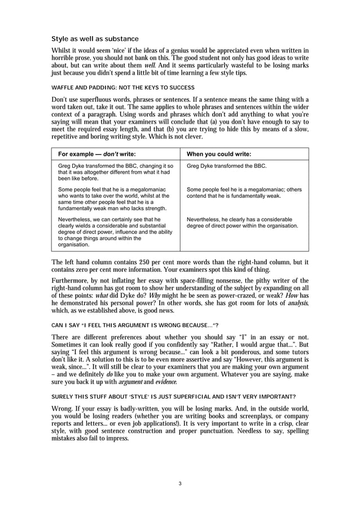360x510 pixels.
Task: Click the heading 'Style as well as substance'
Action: click(95, 39)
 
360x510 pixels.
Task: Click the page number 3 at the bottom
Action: click(179, 483)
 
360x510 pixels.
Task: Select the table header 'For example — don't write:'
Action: click(96, 154)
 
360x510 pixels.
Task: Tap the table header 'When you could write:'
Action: click(219, 154)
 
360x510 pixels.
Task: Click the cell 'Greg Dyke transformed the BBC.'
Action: click(226, 166)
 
